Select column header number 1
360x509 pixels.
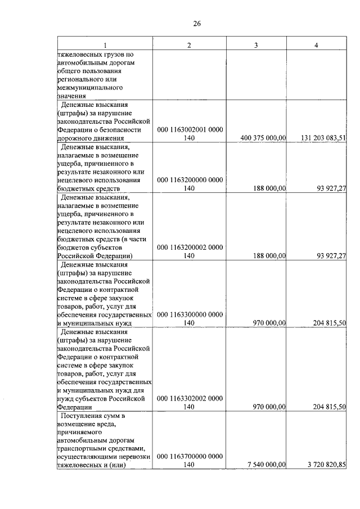click(104, 45)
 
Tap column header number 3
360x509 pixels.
click(255, 45)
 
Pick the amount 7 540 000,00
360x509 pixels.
click(267, 465)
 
